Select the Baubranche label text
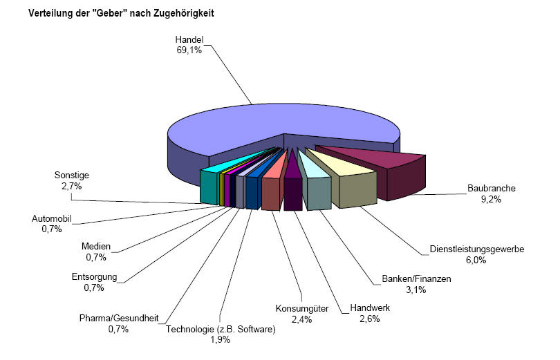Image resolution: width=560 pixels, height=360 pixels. coord(492,187)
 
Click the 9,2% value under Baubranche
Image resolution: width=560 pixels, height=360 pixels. coord(492,199)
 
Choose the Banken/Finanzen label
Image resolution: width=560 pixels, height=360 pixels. coord(416,279)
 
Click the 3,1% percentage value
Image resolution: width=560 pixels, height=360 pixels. coord(416,290)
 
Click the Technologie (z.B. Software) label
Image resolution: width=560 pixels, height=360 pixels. coord(221,329)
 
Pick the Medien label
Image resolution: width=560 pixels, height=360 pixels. coord(95,247)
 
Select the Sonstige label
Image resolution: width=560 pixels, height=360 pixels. coord(71,175)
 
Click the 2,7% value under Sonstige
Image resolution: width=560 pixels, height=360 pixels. coord(71,186)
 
